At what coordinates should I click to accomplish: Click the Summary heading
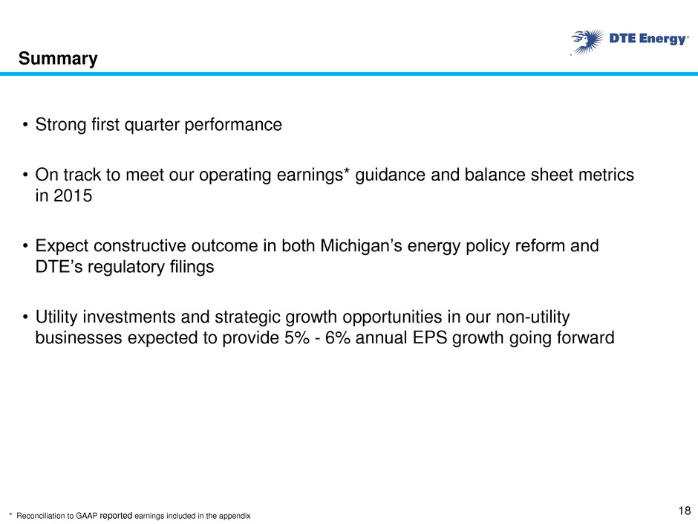(58, 59)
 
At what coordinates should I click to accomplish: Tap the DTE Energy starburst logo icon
(587, 42)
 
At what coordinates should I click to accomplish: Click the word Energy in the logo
(663, 39)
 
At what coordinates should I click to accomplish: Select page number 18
(685, 510)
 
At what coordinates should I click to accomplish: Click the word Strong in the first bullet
(61, 125)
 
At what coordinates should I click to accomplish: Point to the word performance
(233, 125)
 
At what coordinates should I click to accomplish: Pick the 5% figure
(297, 337)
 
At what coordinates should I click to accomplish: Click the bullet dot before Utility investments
(26, 317)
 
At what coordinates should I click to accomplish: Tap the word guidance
(390, 175)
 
